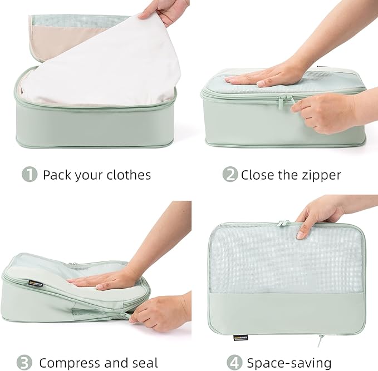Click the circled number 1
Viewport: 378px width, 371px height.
[x=30, y=175]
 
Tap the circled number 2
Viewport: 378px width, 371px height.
[x=230, y=175]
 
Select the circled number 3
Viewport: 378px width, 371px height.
[x=24, y=363]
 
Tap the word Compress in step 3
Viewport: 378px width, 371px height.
[x=71, y=363]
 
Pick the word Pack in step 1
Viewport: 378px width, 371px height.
[x=56, y=175]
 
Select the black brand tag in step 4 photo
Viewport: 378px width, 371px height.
[x=240, y=337]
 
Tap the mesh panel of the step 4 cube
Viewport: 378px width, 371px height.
[x=284, y=259]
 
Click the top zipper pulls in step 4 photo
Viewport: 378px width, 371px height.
[x=284, y=223]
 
